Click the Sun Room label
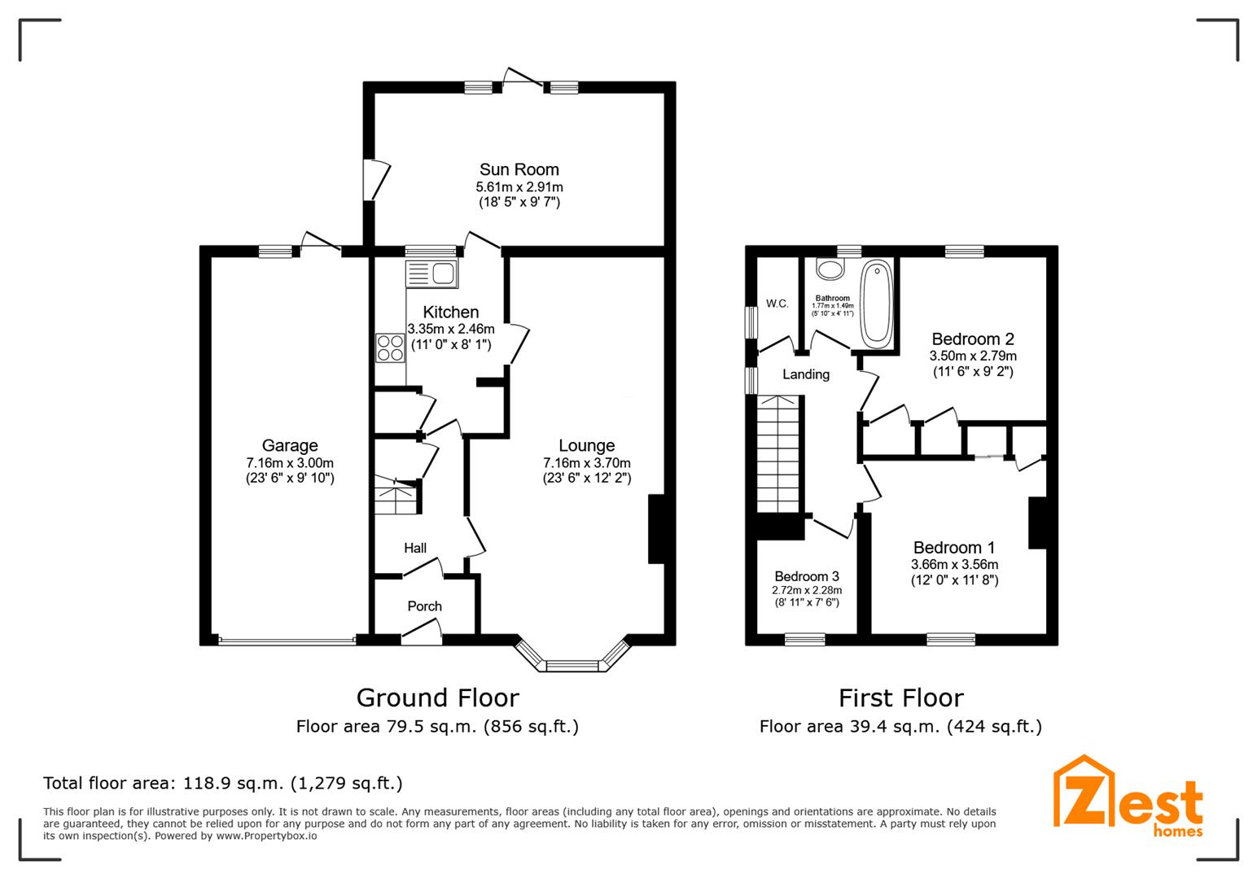519,169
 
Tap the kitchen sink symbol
431,274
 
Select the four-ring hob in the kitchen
390,348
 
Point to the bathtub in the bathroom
877,304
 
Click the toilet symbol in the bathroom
830,269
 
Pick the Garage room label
290,445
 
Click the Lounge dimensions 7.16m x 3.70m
586,463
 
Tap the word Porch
424,606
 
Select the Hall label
415,548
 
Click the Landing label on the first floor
806,374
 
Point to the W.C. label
777,304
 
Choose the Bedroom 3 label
807,576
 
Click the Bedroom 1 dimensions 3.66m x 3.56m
954,564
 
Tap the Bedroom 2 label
973,339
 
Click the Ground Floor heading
438,698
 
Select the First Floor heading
901,698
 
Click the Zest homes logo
1128,797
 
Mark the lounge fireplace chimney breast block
656,528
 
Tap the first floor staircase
778,454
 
